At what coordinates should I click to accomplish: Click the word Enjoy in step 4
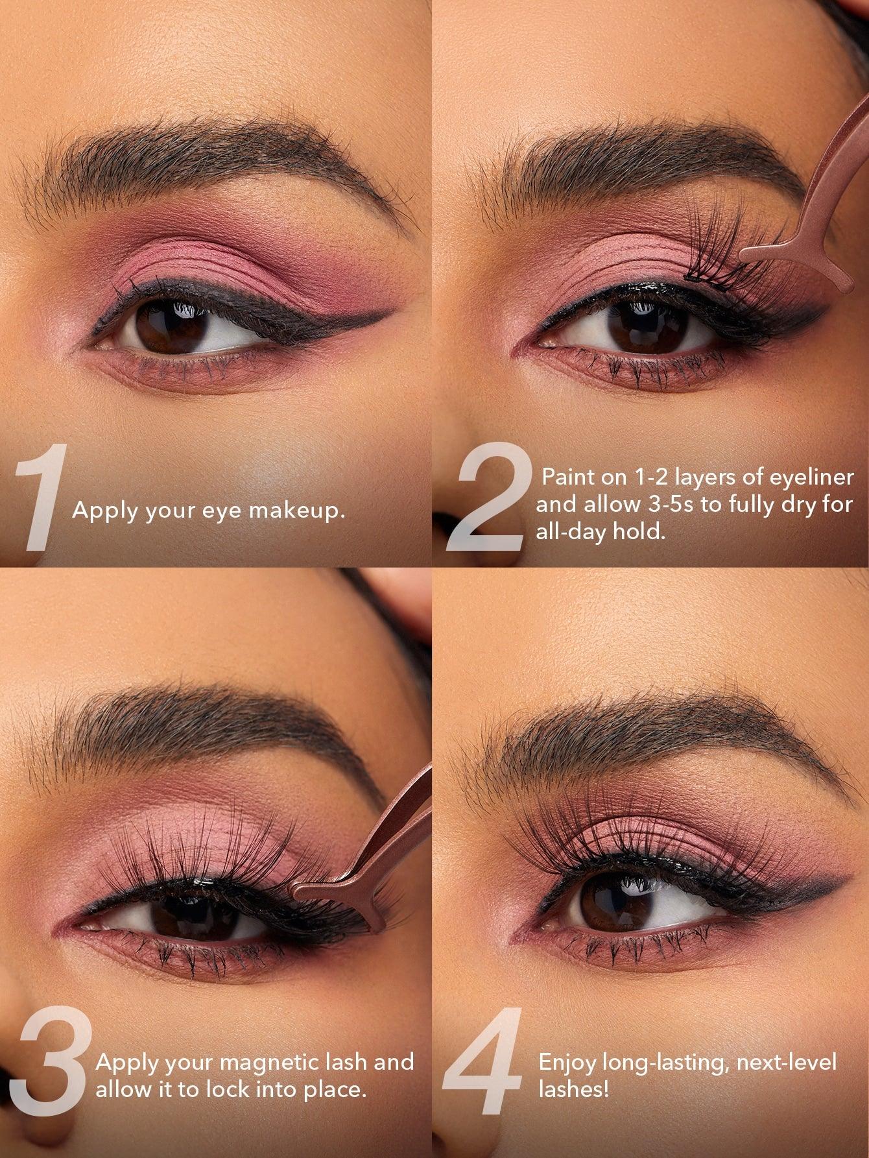(567, 1062)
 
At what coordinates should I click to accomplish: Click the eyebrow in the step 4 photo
(649, 740)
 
